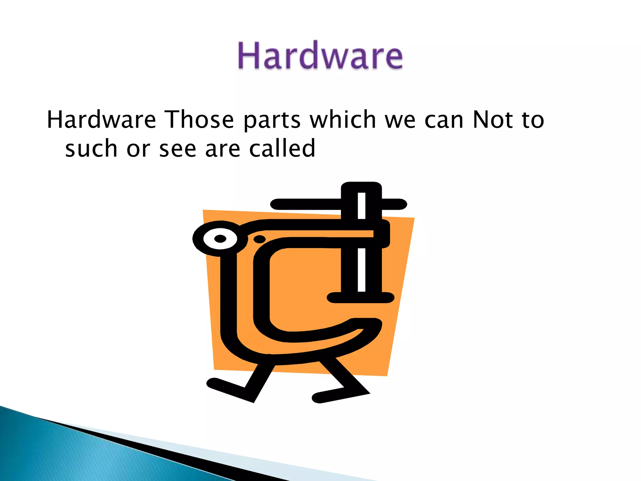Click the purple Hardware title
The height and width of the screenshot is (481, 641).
[x=320, y=55]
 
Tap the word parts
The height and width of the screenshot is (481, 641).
[x=272, y=121]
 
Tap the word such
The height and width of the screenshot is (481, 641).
[x=91, y=148]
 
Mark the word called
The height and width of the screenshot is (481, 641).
[x=282, y=148]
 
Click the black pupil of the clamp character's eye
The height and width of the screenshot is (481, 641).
[x=220, y=239]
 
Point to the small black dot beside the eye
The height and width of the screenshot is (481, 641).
[x=259, y=239]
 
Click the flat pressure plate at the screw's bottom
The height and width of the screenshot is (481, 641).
[x=360, y=297]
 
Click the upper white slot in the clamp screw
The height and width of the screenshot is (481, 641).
[x=362, y=205]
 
